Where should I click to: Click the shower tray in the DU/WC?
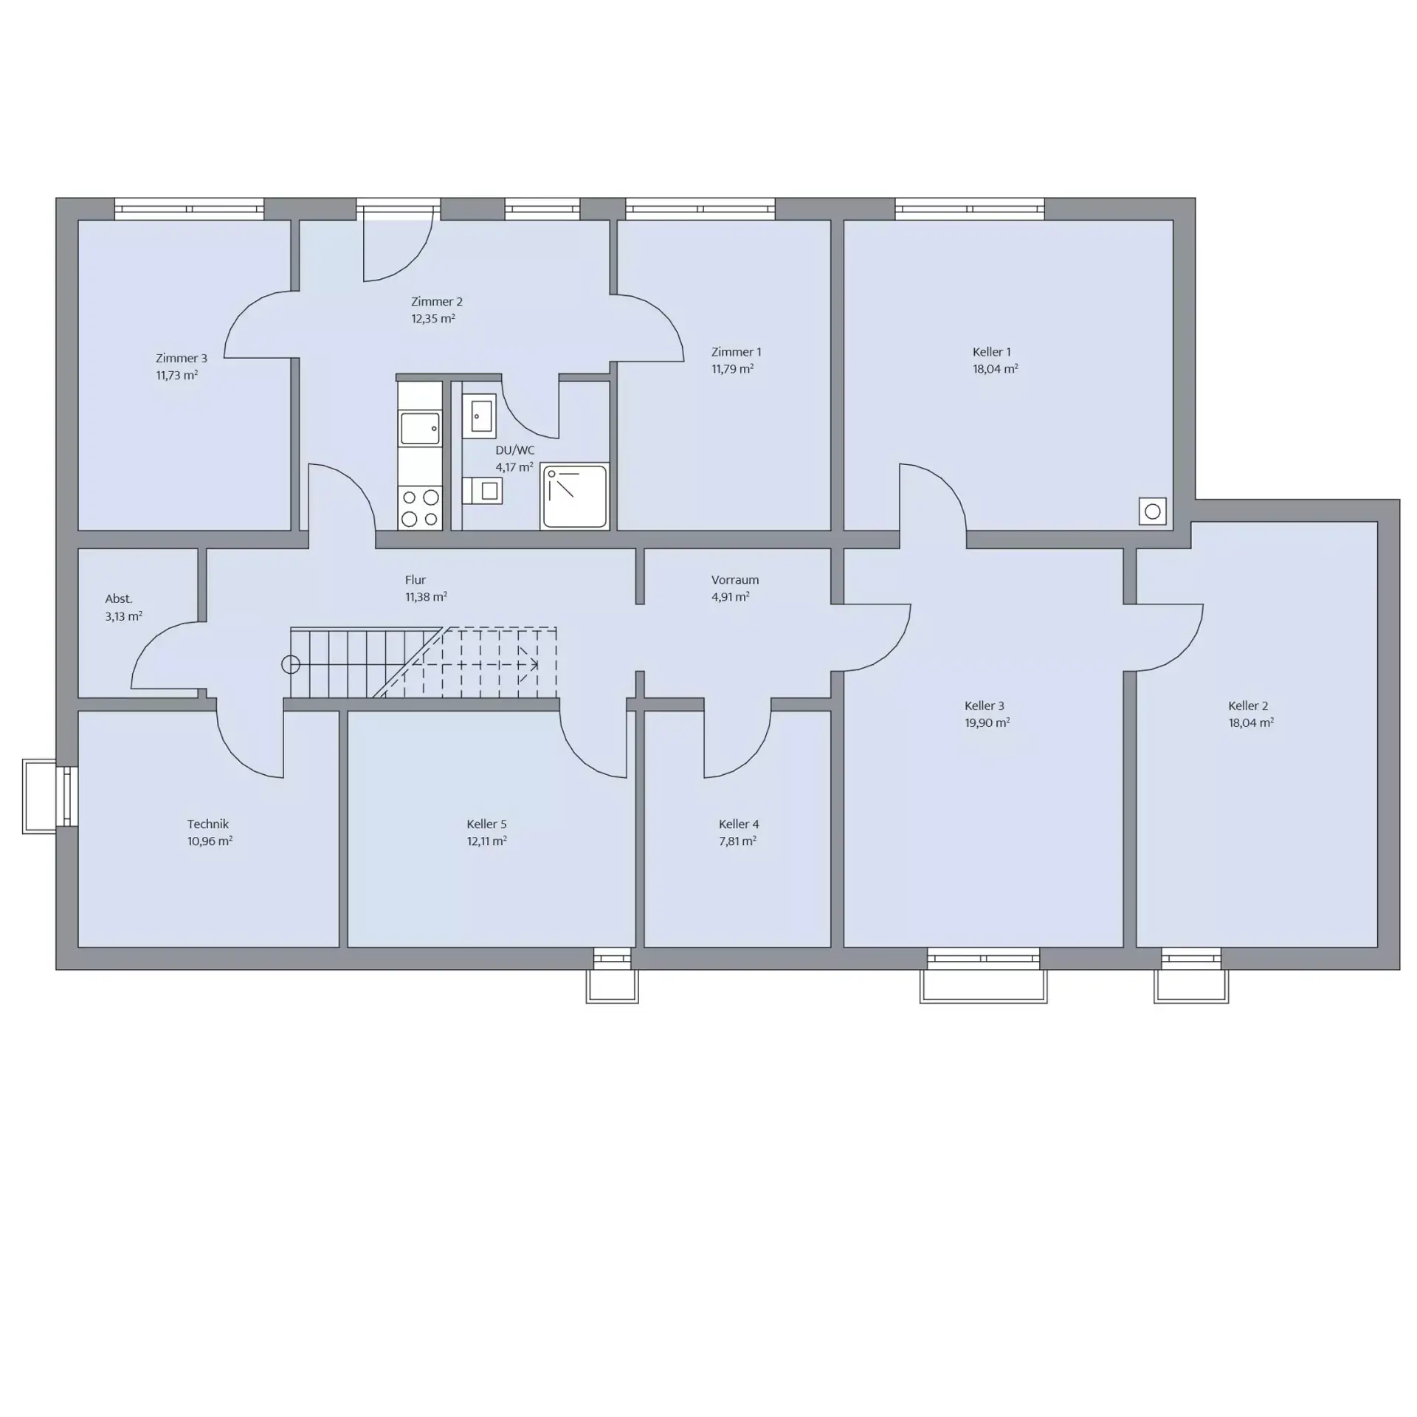click(574, 496)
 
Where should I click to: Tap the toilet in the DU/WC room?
click(482, 491)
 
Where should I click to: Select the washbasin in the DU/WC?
click(479, 416)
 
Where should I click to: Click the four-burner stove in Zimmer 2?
click(419, 508)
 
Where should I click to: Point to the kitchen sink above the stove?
click(419, 429)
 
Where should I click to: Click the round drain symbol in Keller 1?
click(1153, 511)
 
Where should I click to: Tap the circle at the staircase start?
click(291, 665)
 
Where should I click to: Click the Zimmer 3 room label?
click(182, 358)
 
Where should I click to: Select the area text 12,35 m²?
click(433, 319)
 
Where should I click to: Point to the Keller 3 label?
click(985, 706)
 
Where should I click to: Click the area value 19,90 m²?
click(987, 723)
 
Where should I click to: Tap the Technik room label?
click(208, 824)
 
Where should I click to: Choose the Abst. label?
click(119, 599)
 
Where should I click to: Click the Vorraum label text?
click(735, 580)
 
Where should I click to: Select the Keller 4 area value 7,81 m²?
click(738, 841)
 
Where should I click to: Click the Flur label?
click(416, 580)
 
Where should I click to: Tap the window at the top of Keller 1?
click(970, 209)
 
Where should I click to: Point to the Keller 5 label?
click(487, 824)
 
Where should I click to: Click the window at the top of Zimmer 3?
click(189, 209)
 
